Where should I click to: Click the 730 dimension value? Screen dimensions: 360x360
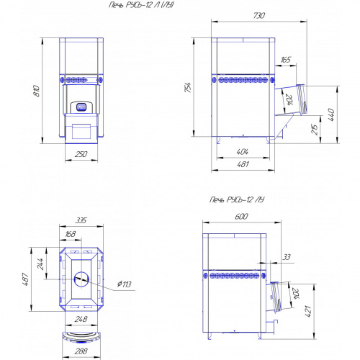259,16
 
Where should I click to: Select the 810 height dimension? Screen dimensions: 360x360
37,91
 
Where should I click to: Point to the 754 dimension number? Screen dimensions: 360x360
188,87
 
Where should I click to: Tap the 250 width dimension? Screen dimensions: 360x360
81,154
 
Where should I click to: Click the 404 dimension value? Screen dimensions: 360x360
243,152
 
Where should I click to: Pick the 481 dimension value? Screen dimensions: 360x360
243,164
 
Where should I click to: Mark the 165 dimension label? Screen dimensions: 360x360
286,59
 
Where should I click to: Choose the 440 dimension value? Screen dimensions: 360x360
331,114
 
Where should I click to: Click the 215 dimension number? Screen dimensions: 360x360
315,129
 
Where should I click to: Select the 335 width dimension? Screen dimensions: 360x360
81,220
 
